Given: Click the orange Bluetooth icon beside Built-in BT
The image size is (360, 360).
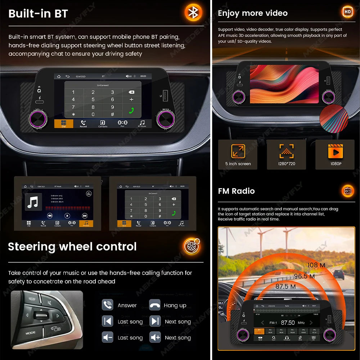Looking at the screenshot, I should [x=193, y=13].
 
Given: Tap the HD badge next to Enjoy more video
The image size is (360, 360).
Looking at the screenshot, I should [x=347, y=12].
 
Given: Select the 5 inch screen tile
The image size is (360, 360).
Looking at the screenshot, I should [x=238, y=154].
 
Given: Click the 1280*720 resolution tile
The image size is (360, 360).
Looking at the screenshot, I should [x=286, y=154].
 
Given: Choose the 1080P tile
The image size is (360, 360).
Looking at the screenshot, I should [x=335, y=154].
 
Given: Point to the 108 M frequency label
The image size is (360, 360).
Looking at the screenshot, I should [x=316, y=265].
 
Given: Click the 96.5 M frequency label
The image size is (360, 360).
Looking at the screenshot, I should [x=304, y=276].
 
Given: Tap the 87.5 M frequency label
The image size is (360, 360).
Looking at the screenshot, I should [x=285, y=287].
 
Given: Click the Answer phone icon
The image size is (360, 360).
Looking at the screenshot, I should [x=107, y=305].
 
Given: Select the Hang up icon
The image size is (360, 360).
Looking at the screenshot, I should [x=155, y=305].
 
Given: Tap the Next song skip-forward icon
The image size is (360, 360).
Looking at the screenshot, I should [x=155, y=321].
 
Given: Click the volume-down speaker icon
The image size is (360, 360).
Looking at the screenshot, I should [x=107, y=337].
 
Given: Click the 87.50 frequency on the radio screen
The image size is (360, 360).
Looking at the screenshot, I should [x=288, y=323].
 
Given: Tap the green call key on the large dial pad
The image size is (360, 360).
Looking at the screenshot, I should [x=131, y=111].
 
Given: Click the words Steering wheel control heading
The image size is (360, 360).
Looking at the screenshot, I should [x=72, y=247].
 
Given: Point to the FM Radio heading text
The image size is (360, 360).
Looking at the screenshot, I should [x=236, y=191].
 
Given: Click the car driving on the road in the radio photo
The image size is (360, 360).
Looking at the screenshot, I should [x=339, y=275].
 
